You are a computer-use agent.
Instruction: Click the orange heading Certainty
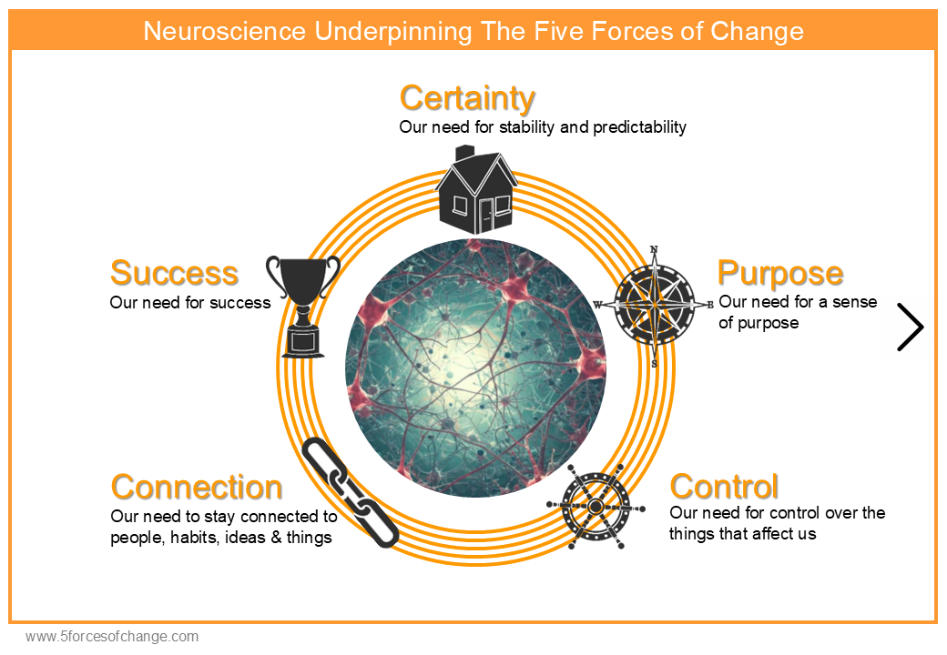467,97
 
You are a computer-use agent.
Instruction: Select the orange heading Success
174,273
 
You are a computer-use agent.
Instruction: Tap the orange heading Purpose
779,273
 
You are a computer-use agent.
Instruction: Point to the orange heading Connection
196,488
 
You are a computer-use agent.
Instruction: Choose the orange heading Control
724,487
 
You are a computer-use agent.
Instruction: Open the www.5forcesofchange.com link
112,637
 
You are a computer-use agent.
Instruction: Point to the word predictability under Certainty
639,126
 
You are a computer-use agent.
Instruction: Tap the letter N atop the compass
654,251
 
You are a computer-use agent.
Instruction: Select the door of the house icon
487,217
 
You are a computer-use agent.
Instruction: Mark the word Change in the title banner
759,32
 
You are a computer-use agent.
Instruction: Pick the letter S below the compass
654,364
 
